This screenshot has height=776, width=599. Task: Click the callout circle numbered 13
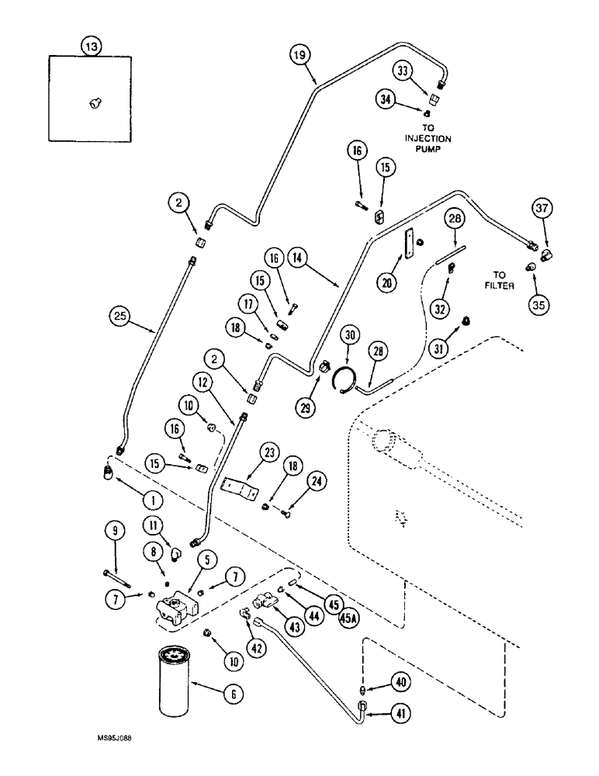click(x=92, y=47)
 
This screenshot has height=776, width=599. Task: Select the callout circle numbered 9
click(x=114, y=532)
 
